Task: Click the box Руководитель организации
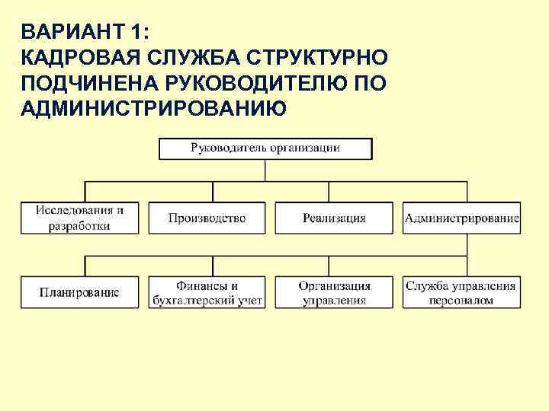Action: pos(265,148)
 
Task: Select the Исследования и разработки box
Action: pos(79,217)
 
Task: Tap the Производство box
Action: pos(207,218)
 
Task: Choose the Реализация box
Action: pos(334,218)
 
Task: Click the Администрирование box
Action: pos(462,218)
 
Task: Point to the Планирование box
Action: pos(79,293)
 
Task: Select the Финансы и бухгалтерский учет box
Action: pos(207,293)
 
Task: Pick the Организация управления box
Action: pos(334,293)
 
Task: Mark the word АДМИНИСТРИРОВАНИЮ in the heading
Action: pos(155,109)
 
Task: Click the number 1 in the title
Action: pos(139,33)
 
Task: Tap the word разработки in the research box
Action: pos(79,225)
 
